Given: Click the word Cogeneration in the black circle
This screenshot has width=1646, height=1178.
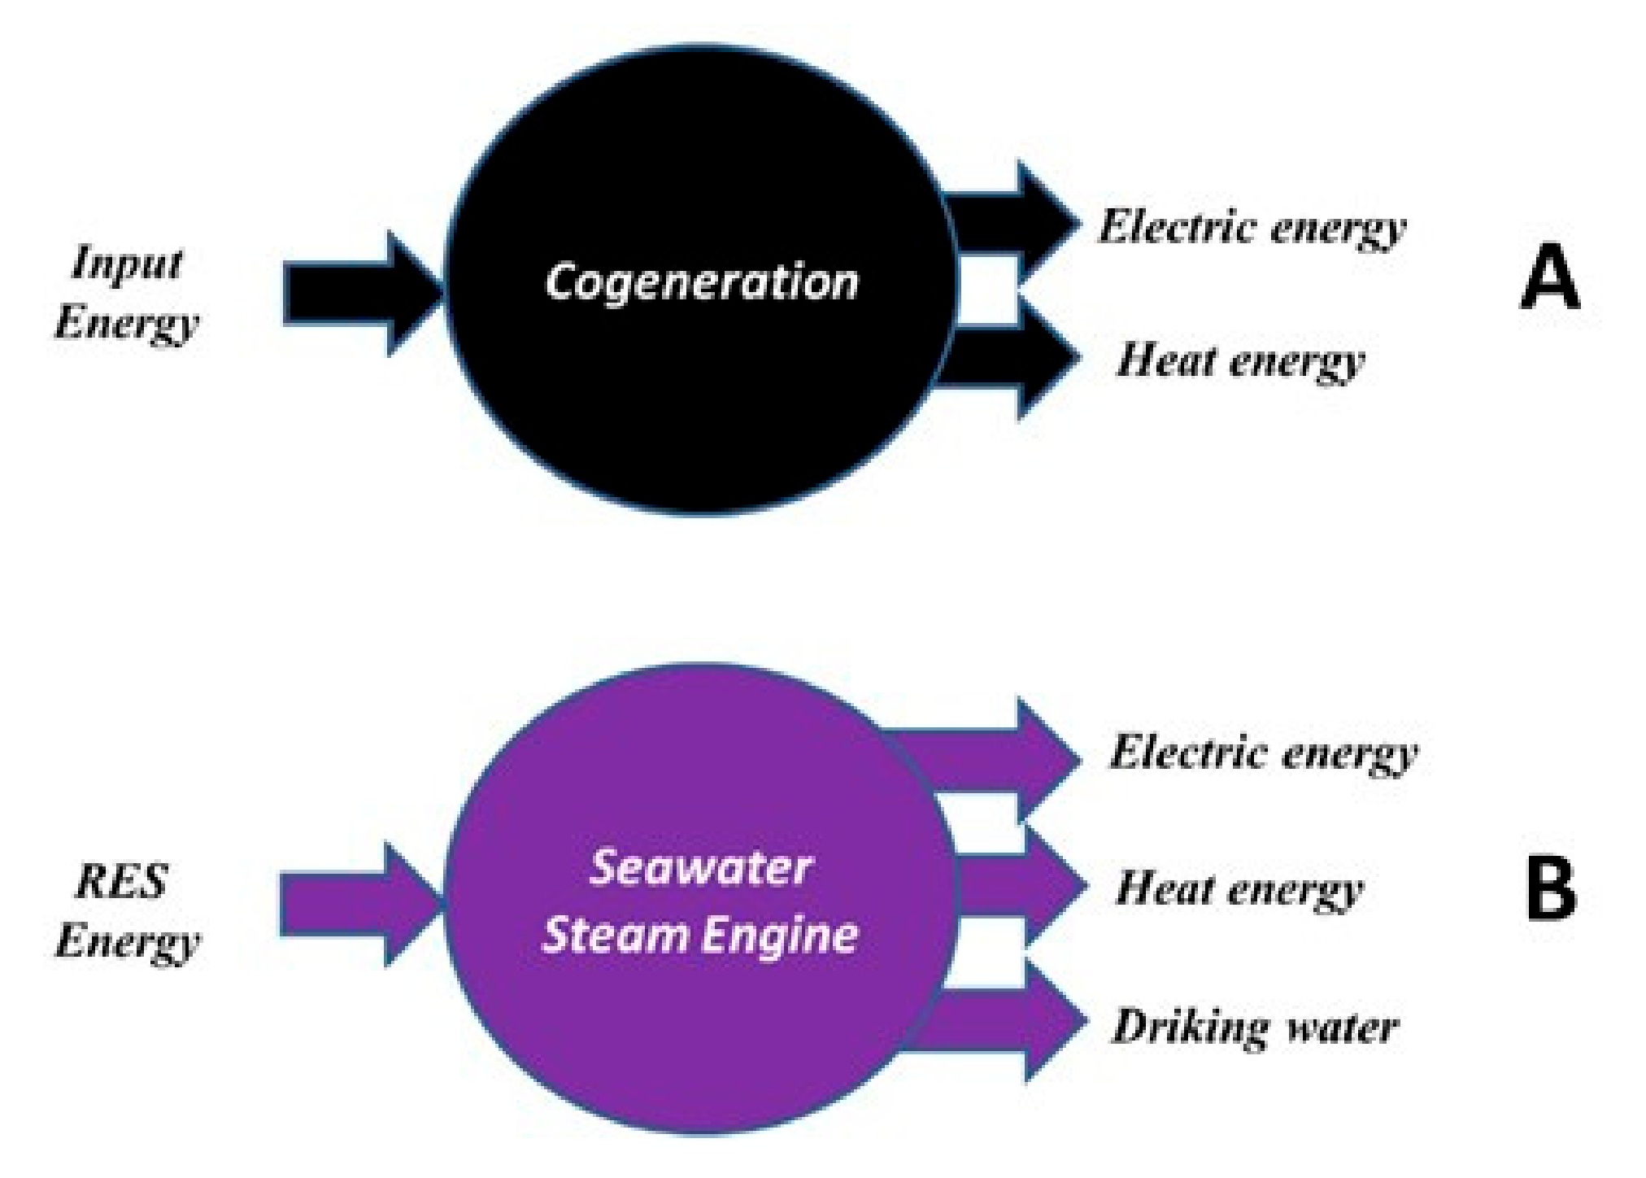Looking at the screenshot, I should (x=701, y=282).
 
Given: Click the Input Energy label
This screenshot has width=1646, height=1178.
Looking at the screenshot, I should (x=127, y=293).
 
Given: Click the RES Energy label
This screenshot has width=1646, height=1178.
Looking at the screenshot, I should (x=127, y=911).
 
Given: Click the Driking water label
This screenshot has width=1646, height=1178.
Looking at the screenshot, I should (x=1255, y=1027).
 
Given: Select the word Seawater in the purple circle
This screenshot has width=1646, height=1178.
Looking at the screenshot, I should (x=700, y=868).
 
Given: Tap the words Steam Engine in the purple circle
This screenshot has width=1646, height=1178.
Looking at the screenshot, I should (x=700, y=934).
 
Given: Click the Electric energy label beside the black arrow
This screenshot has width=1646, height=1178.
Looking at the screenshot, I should (x=1252, y=227).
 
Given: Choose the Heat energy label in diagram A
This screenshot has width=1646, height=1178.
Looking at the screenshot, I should (x=1239, y=361).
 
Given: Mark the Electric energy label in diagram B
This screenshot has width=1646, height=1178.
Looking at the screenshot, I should (x=1264, y=753).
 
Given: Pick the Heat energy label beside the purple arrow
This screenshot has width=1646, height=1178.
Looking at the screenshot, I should (x=1239, y=888).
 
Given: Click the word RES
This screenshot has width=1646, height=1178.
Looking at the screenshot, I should (x=122, y=881).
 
